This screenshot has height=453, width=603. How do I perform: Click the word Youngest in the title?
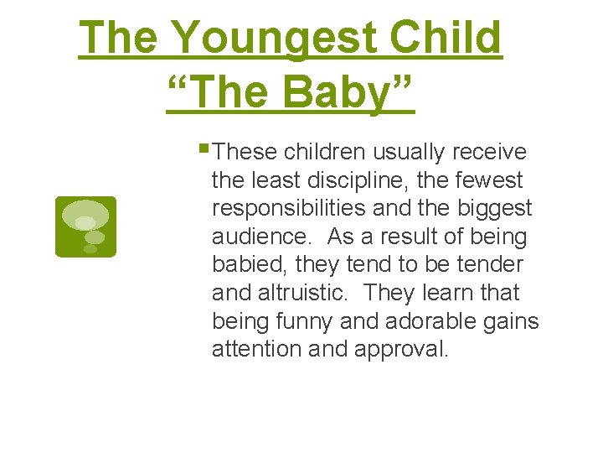[276, 39]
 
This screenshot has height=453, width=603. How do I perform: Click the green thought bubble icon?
[85, 226]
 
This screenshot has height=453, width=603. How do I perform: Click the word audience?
[260, 237]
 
